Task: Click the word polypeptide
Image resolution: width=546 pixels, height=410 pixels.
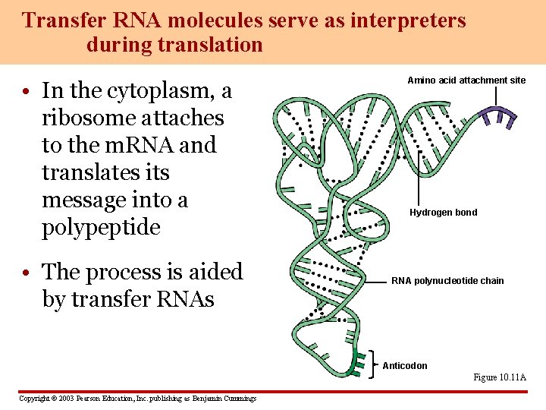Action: click(101, 227)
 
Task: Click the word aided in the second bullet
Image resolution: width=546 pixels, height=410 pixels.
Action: click(209, 272)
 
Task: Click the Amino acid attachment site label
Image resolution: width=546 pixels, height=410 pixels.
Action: click(466, 80)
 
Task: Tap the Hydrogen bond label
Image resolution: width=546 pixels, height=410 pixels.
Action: click(444, 213)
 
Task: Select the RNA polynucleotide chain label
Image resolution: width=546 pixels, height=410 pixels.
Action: click(447, 281)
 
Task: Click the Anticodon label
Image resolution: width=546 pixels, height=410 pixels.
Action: click(405, 366)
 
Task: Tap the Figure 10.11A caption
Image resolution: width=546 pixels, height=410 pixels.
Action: click(500, 377)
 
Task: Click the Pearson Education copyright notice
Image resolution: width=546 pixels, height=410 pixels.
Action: click(137, 399)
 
